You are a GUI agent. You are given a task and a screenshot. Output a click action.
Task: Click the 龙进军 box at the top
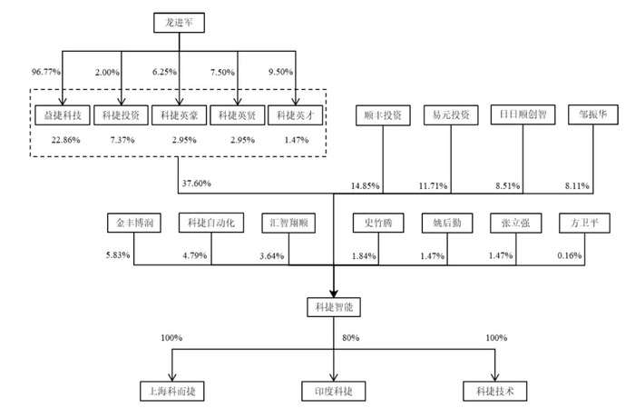(x=179, y=23)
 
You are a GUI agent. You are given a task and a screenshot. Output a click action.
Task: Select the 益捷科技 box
(x=63, y=115)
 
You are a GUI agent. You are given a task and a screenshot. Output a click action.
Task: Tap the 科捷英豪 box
(x=179, y=115)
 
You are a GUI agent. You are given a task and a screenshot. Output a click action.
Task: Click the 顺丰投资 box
(x=383, y=115)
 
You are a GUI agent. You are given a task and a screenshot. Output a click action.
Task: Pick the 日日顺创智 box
(x=523, y=114)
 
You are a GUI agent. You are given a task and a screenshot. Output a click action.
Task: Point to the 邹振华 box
(x=593, y=114)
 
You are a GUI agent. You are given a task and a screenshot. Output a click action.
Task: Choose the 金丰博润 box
(x=134, y=223)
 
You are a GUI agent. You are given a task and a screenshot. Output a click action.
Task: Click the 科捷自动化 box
(x=211, y=223)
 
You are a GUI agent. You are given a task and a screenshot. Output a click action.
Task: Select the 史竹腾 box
(x=378, y=223)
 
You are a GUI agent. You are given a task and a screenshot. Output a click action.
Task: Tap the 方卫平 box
(x=584, y=223)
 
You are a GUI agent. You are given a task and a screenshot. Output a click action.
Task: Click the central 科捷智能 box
(x=334, y=307)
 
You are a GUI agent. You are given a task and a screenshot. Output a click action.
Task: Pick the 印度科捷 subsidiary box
(x=334, y=392)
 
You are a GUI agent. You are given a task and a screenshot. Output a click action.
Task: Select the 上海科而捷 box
(x=172, y=392)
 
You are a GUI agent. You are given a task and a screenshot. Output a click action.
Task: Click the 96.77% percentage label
(x=46, y=72)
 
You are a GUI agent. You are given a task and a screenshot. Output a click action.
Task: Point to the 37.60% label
(x=197, y=184)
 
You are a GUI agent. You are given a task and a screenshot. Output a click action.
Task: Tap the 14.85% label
(x=366, y=186)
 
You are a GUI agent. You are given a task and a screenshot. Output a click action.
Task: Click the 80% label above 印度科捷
(x=351, y=338)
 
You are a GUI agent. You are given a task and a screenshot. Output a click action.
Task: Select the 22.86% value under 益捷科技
(x=65, y=140)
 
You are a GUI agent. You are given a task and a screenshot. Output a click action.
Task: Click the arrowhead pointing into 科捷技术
(x=495, y=377)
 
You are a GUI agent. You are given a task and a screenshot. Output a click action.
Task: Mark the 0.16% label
(x=570, y=255)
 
